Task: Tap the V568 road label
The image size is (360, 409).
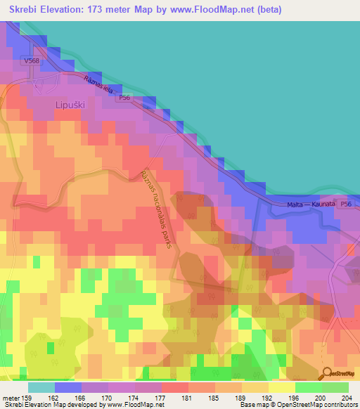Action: [32, 61]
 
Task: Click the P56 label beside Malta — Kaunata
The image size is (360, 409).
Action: [344, 204]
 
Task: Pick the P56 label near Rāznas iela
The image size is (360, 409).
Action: [124, 98]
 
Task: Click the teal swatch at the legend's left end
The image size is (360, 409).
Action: [41, 387]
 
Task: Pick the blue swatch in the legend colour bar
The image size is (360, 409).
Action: [68, 387]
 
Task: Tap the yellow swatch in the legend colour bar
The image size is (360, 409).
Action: [281, 387]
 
